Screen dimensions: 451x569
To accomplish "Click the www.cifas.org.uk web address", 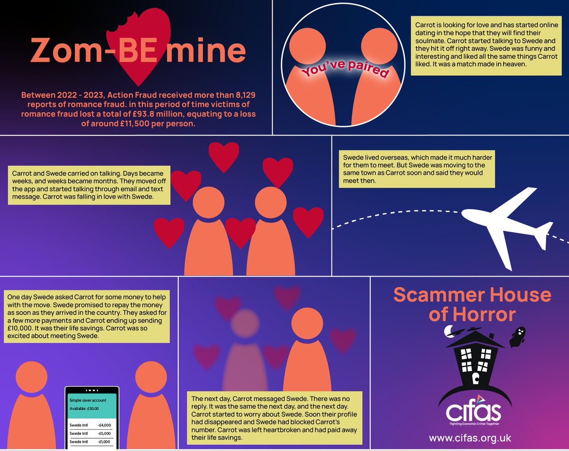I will click(x=470, y=436).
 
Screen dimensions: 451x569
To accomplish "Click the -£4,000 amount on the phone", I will click(x=104, y=424).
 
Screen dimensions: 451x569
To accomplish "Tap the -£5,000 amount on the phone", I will click(x=104, y=433).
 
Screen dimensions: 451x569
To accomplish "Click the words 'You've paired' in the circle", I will click(x=345, y=71).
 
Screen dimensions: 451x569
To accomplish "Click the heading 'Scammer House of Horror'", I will click(x=472, y=304).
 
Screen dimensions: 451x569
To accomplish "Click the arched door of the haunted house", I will click(x=475, y=379).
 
